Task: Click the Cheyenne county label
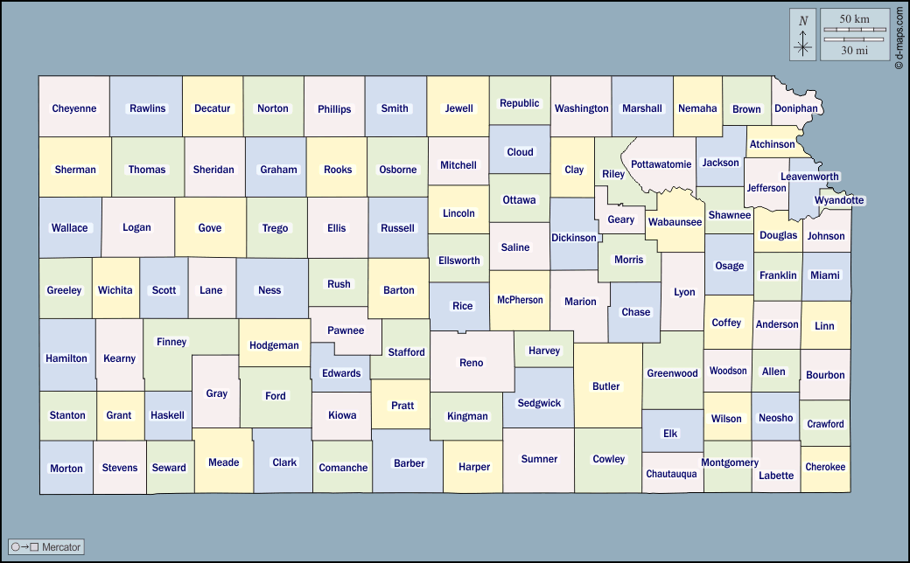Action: [74, 108]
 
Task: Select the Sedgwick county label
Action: [539, 403]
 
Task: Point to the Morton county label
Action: [66, 468]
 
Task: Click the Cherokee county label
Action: [825, 467]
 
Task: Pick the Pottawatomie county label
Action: [661, 164]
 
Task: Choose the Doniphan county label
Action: [796, 108]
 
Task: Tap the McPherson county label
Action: [520, 300]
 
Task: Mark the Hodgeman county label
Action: [274, 345]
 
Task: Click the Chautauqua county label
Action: [671, 474]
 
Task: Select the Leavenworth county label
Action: [809, 177]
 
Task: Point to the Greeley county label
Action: [64, 290]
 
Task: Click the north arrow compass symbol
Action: [803, 35]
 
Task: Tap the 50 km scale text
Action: [854, 19]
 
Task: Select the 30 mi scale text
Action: [854, 51]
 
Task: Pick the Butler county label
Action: [605, 386]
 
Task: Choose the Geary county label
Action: [620, 219]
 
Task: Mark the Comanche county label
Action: [343, 468]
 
